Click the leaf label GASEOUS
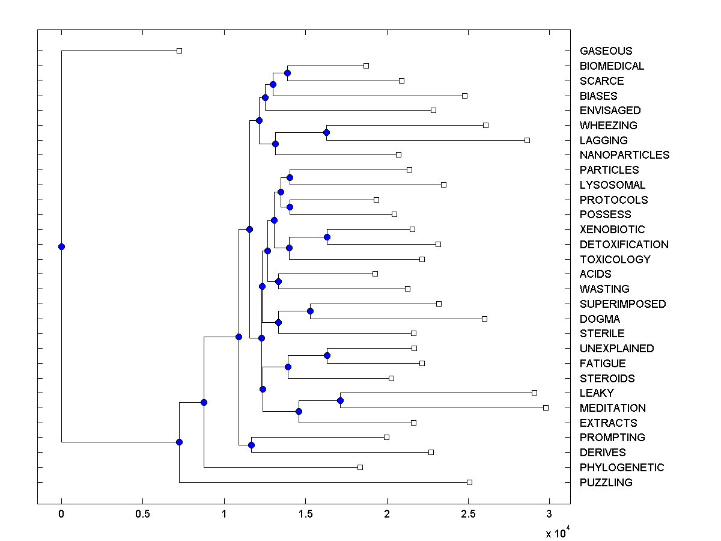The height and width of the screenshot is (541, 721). point(606,51)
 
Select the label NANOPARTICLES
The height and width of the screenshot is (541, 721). point(624,155)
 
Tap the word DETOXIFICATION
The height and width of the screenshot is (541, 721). point(624,245)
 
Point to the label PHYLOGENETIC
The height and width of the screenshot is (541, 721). point(622,468)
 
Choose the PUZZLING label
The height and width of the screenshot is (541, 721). point(606,483)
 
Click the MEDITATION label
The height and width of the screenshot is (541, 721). point(612,408)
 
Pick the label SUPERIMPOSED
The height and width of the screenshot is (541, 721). point(622,304)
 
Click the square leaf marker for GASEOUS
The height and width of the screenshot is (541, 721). point(179,50)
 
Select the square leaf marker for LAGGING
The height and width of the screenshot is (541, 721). point(527,140)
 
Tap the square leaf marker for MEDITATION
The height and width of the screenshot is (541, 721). point(546,408)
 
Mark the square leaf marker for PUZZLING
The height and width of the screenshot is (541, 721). point(469,482)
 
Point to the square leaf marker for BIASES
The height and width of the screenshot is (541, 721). point(464,96)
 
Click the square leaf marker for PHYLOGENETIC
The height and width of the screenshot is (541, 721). point(360,467)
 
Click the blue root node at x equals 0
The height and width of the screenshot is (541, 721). point(61,246)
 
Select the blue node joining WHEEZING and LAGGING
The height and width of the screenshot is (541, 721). point(326,132)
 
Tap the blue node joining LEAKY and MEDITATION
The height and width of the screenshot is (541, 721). point(340,400)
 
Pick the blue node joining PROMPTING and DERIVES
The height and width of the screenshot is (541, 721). point(251,445)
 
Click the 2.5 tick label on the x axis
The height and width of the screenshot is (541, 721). point(468,514)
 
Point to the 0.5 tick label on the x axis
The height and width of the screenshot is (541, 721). point(142,514)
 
